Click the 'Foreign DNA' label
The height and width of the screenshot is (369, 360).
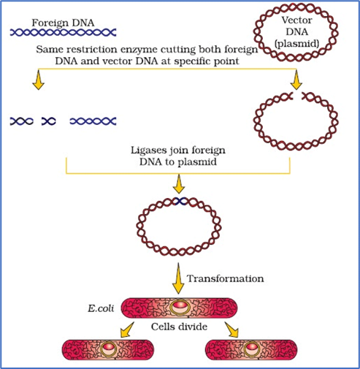tap(63, 23)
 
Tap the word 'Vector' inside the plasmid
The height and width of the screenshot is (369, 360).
tap(296, 20)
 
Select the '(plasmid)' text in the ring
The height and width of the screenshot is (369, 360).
tap(296, 44)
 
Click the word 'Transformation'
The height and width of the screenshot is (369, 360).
tap(225, 278)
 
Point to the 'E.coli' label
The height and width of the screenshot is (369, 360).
tap(101, 308)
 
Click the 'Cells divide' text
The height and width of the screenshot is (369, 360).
tap(179, 327)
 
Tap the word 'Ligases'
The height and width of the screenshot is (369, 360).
tap(147, 151)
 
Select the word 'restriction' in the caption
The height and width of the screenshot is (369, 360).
tap(92, 50)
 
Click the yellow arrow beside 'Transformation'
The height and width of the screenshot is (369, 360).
tap(178, 278)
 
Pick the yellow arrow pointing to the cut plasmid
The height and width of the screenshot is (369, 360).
tap(296, 80)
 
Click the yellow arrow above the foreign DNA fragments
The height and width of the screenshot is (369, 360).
tap(39, 80)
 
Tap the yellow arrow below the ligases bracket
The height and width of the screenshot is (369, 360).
tap(179, 184)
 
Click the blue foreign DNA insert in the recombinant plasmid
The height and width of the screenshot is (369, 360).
tap(180, 201)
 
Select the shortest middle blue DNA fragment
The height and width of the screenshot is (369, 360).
tap(49, 121)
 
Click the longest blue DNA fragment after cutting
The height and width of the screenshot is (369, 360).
tap(93, 121)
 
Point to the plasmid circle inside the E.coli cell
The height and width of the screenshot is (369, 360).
tap(179, 307)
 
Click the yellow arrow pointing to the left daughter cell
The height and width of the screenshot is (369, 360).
tap(127, 330)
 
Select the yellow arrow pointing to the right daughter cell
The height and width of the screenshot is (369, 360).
tap(231, 330)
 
